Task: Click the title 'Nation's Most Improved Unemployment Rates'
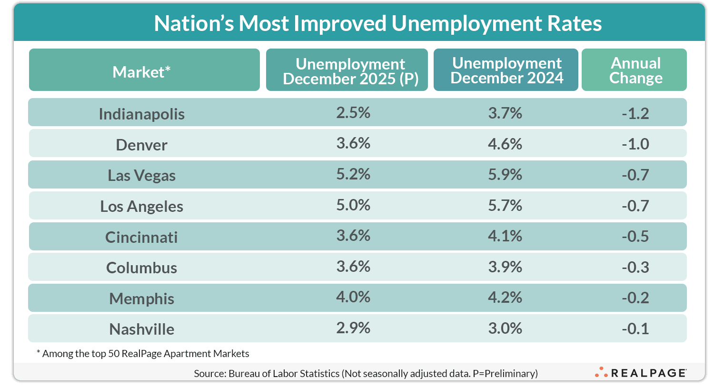pos(377,23)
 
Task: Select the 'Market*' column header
pos(141,72)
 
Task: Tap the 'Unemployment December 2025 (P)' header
pos(350,71)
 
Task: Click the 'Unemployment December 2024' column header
pos(506,70)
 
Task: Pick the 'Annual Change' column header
pos(635,70)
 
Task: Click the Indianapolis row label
pos(141,114)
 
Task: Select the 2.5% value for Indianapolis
pos(353,113)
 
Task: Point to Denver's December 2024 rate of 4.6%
pos(505,144)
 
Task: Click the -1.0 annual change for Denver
pos(635,144)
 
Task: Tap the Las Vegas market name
pos(141,175)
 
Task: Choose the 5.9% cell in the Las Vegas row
pos(505,174)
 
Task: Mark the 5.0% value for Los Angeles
pos(353,205)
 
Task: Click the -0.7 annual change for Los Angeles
pos(635,205)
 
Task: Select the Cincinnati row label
pos(141,237)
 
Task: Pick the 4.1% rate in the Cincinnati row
pos(505,236)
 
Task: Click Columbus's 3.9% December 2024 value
pos(505,267)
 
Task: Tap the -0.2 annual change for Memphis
pos(635,298)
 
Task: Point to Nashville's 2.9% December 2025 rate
pos(353,328)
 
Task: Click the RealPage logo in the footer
pos(640,373)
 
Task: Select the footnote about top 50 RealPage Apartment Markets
pos(143,353)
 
